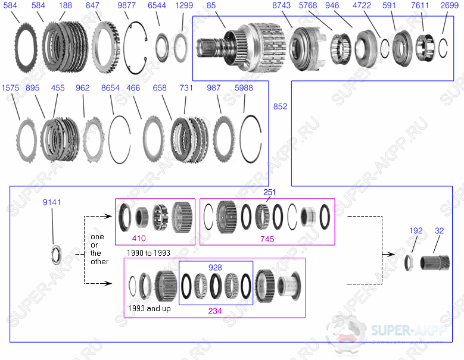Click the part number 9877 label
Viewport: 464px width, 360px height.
pos(126,5)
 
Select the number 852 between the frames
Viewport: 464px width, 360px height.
pos(279,107)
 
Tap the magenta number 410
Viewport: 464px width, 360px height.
pos(139,239)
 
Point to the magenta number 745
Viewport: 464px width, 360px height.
pos(267,239)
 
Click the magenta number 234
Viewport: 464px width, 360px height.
pos(215,311)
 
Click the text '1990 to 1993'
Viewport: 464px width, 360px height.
pos(148,253)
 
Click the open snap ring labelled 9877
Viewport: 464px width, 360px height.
pos(136,41)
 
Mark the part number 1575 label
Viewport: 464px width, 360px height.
pos(10,88)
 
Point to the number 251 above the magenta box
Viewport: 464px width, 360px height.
pos(270,193)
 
